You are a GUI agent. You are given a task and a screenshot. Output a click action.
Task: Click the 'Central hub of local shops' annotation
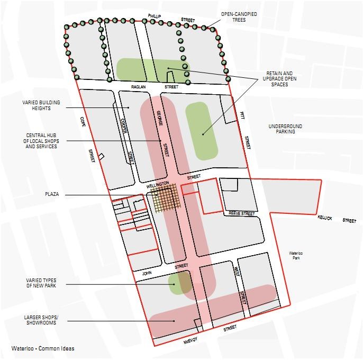coord(41,140)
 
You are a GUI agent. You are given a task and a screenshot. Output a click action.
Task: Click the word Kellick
coord(325,218)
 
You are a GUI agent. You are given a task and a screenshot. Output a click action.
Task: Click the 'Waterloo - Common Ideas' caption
coord(43,348)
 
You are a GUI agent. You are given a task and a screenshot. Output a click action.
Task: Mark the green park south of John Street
coord(179,283)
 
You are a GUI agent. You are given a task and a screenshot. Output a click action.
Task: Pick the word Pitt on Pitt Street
coord(241,115)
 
